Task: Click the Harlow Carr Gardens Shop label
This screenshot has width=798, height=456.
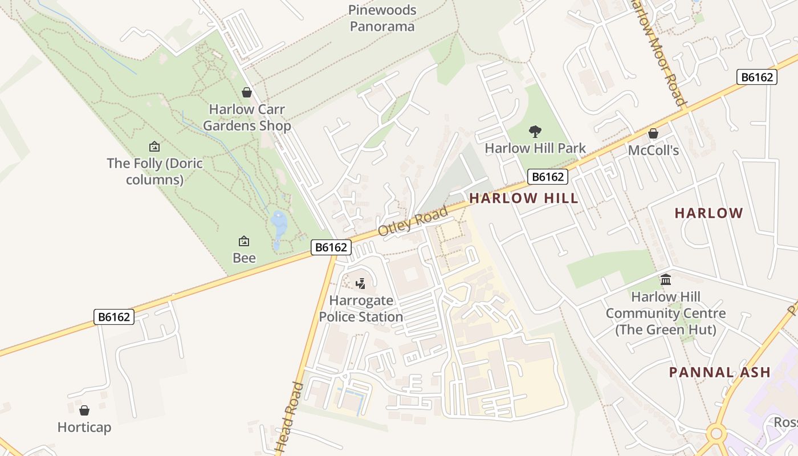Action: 247,117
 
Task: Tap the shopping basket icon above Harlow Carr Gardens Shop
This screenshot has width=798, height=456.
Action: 247,92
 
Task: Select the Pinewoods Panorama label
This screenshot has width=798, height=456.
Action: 382,18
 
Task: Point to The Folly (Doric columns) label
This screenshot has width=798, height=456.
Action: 154,172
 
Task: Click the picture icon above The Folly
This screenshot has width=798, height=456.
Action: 154,147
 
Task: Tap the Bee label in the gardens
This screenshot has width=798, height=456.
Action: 244,258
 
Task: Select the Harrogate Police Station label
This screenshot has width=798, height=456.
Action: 361,308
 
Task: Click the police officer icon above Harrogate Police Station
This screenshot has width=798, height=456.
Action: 360,283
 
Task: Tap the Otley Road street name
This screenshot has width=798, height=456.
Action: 413,222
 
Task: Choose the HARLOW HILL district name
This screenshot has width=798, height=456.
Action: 523,198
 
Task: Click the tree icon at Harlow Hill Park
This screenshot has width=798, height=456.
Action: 535,132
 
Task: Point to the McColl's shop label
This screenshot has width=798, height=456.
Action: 653,150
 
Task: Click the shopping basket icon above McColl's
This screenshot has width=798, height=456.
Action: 653,134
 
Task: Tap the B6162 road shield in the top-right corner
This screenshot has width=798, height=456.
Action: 757,77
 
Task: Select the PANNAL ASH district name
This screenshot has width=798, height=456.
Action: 719,373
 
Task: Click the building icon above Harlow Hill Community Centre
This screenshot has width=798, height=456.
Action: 665,280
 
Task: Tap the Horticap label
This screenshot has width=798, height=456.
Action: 84,427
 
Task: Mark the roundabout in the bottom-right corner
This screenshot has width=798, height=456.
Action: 716,434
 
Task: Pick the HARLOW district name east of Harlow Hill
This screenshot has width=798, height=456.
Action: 709,213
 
